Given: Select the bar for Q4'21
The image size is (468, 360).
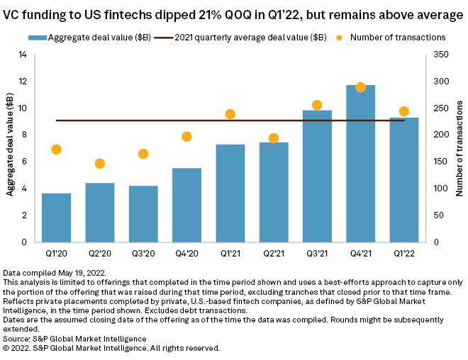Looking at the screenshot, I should [360, 163].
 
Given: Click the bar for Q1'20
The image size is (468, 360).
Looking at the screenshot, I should [56, 217].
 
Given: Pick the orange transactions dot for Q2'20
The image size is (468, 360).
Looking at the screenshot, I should [100, 164].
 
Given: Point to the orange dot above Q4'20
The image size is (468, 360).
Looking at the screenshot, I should [186, 137].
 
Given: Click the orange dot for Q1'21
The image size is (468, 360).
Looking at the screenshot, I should [230, 114].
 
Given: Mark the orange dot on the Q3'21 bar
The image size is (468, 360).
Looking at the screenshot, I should [317, 105].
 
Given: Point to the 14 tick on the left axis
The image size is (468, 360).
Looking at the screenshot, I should [23, 55].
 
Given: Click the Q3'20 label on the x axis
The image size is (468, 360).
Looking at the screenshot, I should [143, 253].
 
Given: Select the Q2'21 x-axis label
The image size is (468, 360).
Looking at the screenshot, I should [274, 253].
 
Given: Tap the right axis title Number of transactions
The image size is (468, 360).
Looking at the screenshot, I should [459, 148].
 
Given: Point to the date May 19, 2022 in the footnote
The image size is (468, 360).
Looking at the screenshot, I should [81, 272].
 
